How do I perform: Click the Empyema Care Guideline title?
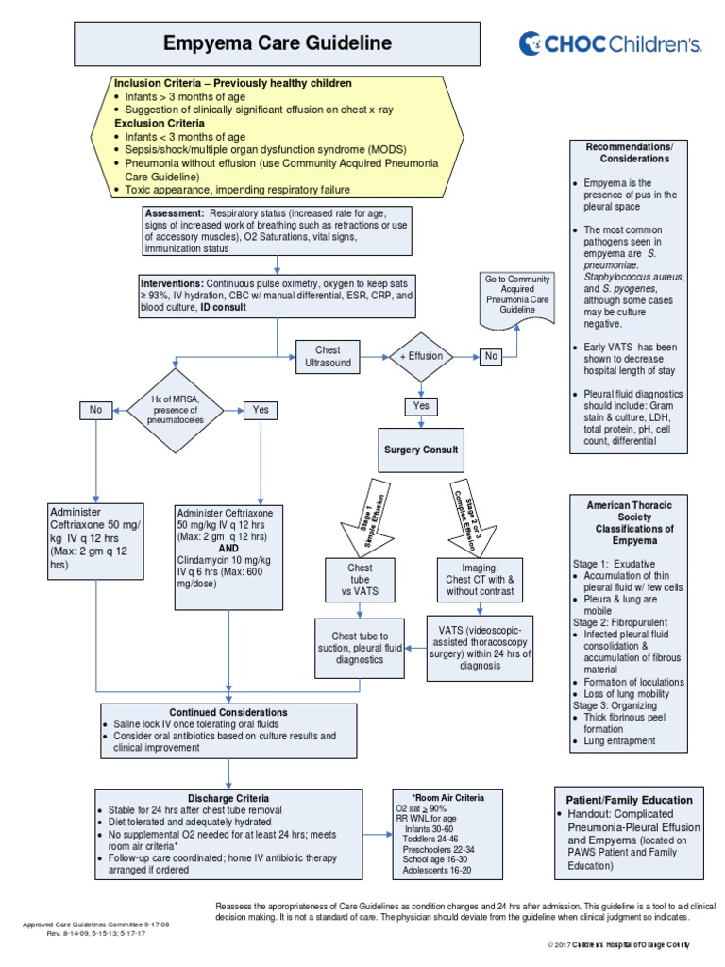pos(277,43)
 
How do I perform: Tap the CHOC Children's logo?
pos(609,42)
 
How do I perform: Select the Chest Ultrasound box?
pos(327,356)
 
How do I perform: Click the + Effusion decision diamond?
pos(421,357)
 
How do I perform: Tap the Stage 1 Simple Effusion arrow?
pos(358,518)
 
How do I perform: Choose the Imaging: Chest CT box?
pos(480,578)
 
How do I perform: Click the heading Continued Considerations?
pos(228,712)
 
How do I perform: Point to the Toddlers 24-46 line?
pos(430,838)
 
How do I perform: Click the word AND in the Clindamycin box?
pos(228,548)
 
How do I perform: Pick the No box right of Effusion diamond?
pos(491,356)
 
